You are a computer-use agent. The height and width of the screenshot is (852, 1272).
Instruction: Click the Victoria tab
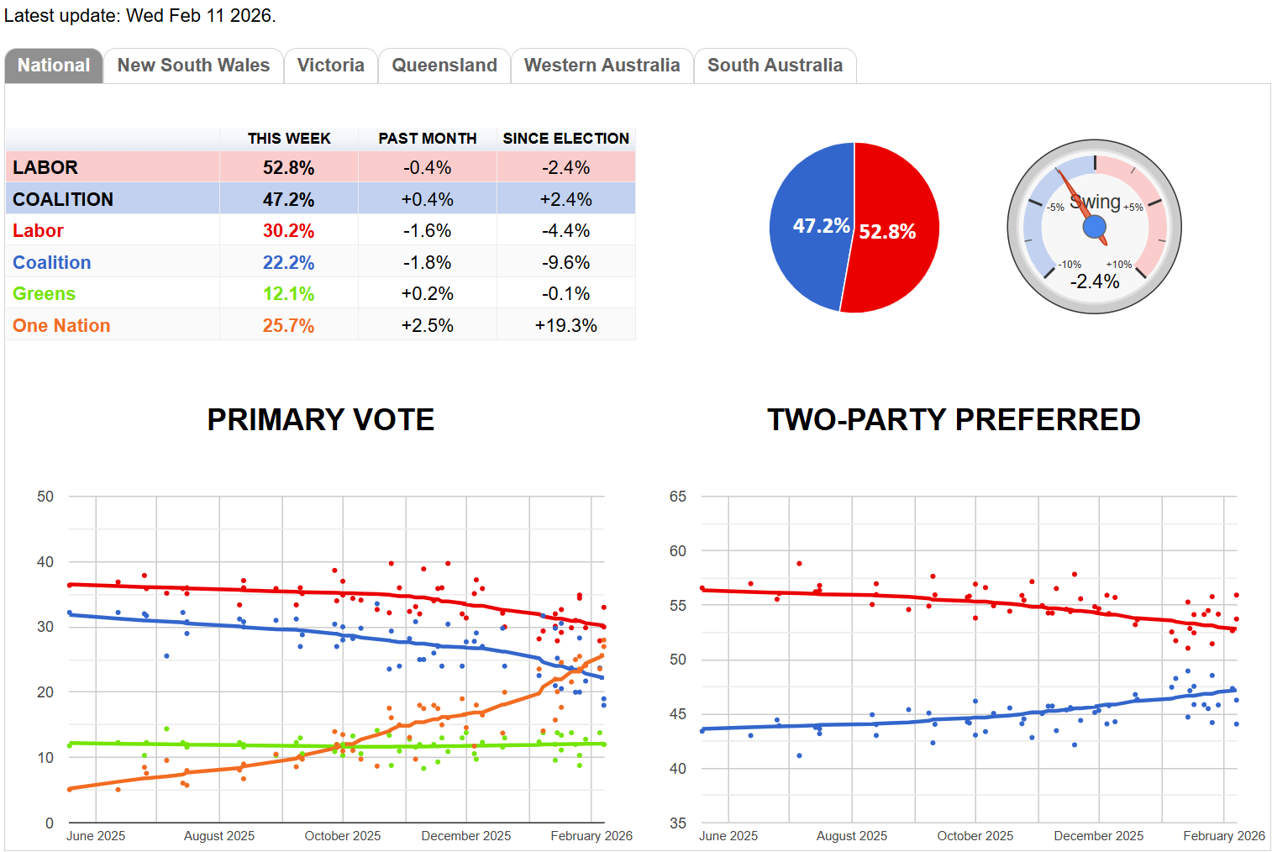tap(330, 66)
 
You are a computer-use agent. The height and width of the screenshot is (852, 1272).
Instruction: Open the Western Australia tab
tap(602, 66)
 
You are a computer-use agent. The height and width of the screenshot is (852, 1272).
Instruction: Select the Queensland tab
tap(444, 66)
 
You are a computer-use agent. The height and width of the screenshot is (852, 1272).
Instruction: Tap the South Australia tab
tap(775, 66)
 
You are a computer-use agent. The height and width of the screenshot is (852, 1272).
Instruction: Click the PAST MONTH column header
tap(427, 139)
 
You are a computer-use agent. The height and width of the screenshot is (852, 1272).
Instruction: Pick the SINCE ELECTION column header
tap(565, 139)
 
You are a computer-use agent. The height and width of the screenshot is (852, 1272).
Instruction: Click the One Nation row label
tap(61, 326)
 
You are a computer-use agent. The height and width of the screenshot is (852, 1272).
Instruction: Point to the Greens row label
tap(44, 294)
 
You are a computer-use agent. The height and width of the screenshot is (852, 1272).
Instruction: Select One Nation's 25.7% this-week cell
tap(288, 326)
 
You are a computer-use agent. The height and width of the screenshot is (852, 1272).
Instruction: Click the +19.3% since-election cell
tap(565, 326)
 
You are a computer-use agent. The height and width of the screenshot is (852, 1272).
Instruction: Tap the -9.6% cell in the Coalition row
tap(565, 263)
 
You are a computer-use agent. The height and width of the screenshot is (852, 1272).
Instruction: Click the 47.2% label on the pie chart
tap(821, 226)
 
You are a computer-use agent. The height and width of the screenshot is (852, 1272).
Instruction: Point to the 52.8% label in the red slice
tap(887, 232)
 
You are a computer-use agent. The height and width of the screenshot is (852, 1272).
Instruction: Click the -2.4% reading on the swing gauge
tap(1094, 282)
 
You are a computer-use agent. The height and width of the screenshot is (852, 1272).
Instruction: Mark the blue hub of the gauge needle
tap(1094, 227)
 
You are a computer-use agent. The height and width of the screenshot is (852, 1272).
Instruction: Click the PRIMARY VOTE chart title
tap(320, 419)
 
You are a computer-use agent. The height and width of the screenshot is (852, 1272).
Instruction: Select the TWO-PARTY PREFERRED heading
tap(954, 419)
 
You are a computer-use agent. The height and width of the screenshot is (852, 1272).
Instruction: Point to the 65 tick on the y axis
tap(677, 497)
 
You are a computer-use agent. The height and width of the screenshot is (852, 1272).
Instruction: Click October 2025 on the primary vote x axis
tap(342, 836)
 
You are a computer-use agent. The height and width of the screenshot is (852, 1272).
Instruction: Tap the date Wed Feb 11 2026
tap(201, 16)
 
